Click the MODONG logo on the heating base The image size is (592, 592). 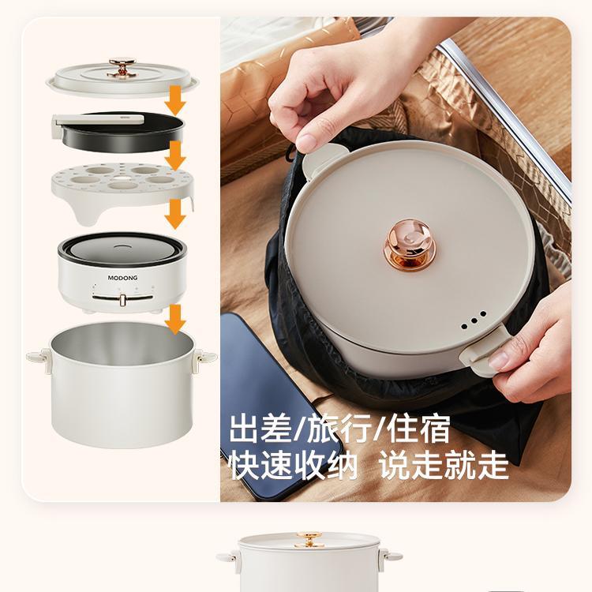point(122,278)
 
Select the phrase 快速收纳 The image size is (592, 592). point(294,466)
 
